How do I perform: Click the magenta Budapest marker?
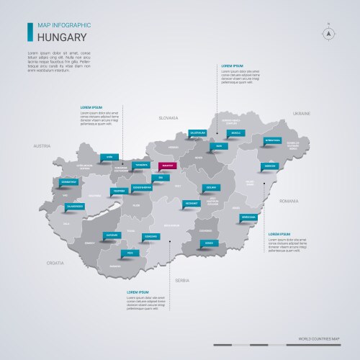pyautogui.click(x=167, y=165)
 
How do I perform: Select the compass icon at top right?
pyautogui.click(x=328, y=32)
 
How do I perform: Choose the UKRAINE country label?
pyautogui.click(x=301, y=114)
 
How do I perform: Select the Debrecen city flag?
pyautogui.click(x=270, y=166)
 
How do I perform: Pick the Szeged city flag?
pyautogui.click(x=209, y=243)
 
